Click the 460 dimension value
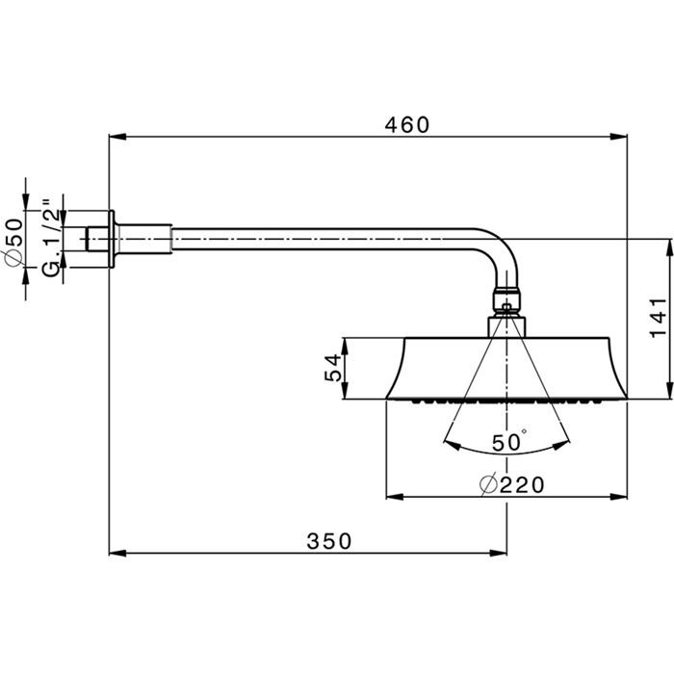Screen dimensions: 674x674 coord(407,125)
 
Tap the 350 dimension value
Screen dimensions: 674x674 coord(329,541)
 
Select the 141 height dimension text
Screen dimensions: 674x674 coord(658,318)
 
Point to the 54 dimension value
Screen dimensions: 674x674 coord(333,368)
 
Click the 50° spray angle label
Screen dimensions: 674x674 coord(509,442)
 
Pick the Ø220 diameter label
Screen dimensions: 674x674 coord(512,485)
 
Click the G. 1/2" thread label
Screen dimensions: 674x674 coord(52,238)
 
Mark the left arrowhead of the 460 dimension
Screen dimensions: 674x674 coord(117,137)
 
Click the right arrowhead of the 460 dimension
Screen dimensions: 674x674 coord(618,137)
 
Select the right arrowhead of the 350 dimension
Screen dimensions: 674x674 coord(498,554)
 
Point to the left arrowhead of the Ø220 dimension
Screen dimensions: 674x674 coord(395,497)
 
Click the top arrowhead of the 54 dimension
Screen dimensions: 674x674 coord(345,347)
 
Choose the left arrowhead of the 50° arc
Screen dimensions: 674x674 coord(452,445)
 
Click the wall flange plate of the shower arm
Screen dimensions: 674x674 coord(112,239)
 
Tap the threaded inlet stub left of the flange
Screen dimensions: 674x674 coord(97,239)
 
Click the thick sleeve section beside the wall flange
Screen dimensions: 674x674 coord(143,239)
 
